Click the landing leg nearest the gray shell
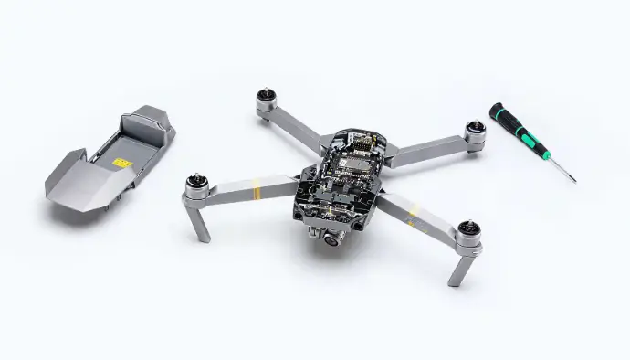[199, 222]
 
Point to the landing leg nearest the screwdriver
[461, 267]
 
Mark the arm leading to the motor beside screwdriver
[426, 147]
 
